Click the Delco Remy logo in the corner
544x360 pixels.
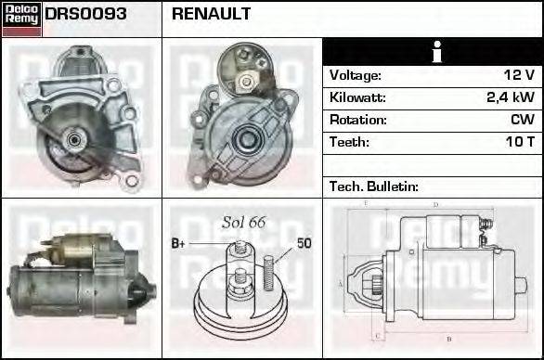(x=21, y=19)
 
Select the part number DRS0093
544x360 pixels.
(x=86, y=15)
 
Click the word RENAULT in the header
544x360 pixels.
(x=210, y=15)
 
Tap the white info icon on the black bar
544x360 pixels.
(x=433, y=52)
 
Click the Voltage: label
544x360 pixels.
(x=355, y=75)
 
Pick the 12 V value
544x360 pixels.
(x=518, y=75)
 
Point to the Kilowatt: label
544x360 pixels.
(x=356, y=97)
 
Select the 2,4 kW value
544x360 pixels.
(x=511, y=97)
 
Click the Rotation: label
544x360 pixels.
(x=356, y=120)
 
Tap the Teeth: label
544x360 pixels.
(x=349, y=142)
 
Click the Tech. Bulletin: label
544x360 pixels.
(x=373, y=186)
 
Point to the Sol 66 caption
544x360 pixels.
(x=244, y=222)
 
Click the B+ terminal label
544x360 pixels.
(x=178, y=244)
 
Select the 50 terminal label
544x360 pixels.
(x=304, y=244)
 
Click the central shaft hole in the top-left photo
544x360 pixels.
(x=73, y=140)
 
